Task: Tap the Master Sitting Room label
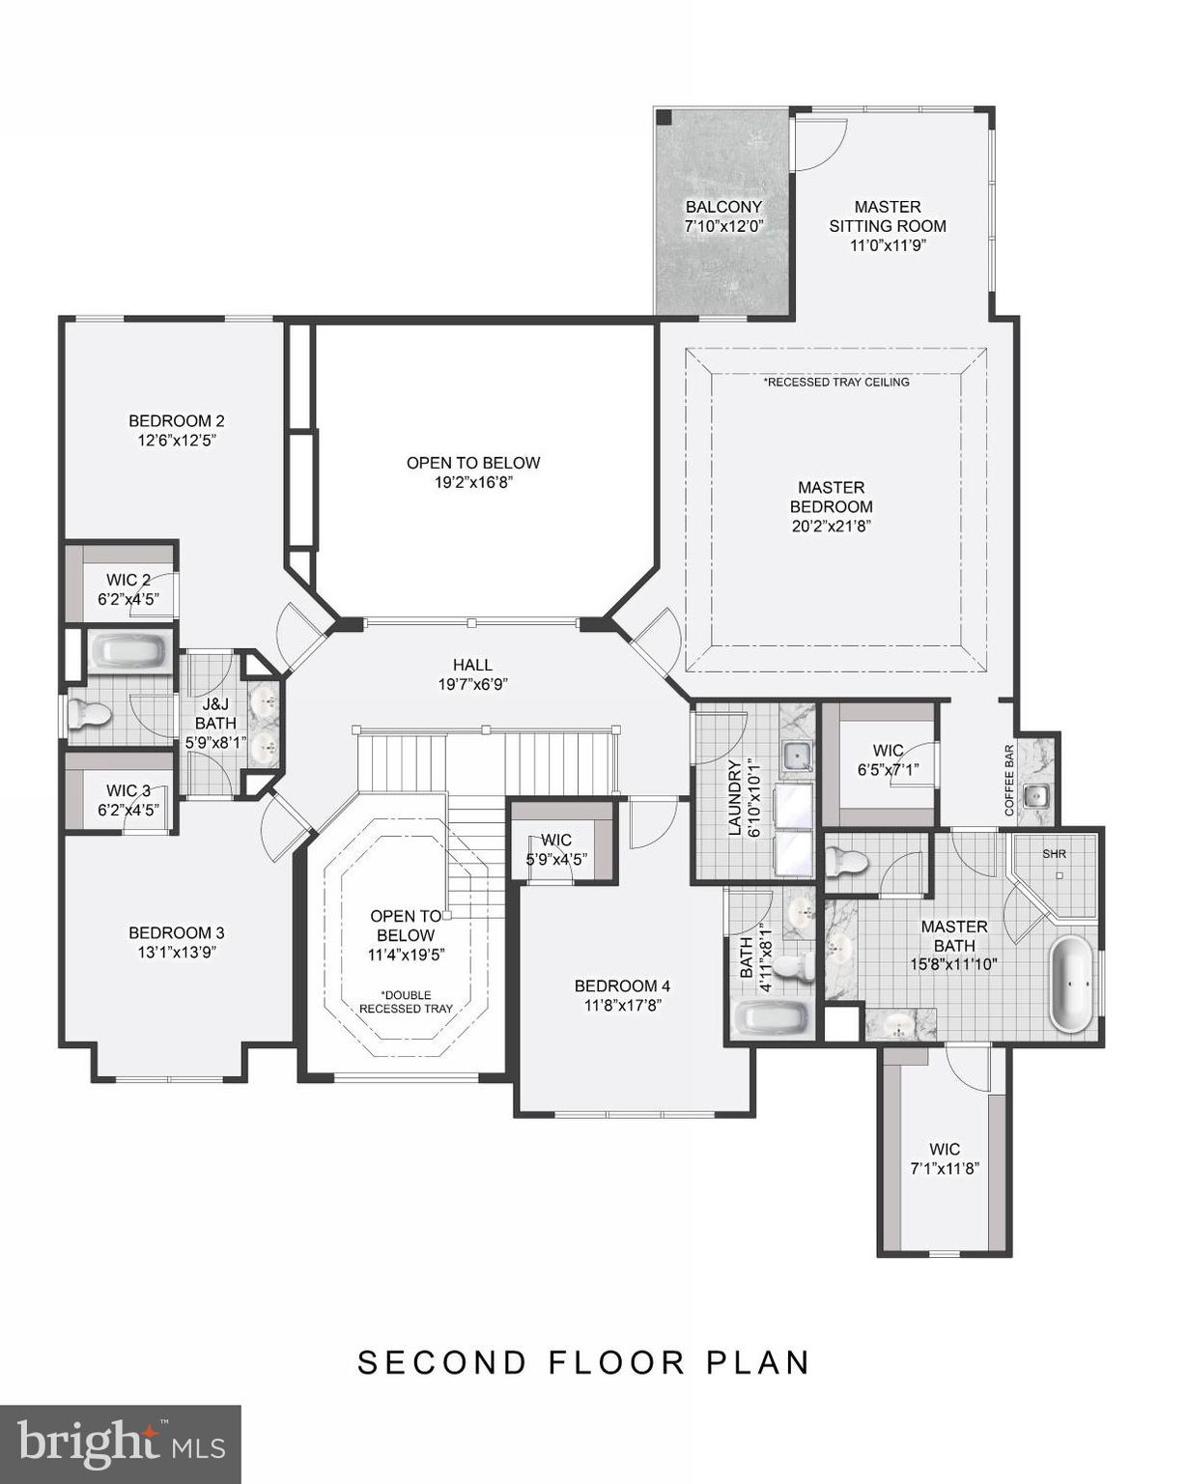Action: (x=887, y=216)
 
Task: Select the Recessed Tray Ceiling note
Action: (x=836, y=382)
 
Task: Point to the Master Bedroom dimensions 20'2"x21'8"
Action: (x=831, y=527)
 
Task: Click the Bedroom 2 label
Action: (x=177, y=421)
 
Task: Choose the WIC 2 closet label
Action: (x=128, y=581)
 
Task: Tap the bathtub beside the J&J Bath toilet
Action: (x=129, y=651)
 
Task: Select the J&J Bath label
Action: (x=215, y=715)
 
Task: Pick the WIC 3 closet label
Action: (x=128, y=791)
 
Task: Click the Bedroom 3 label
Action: (x=177, y=933)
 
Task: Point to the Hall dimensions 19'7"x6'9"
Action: (x=472, y=684)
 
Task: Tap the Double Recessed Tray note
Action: (x=406, y=1002)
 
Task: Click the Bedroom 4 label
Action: (x=622, y=986)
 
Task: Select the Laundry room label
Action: (x=734, y=797)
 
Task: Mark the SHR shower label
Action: (x=1054, y=854)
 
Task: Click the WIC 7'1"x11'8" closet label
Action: (x=945, y=1150)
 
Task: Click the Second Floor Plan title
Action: (x=583, y=1362)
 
